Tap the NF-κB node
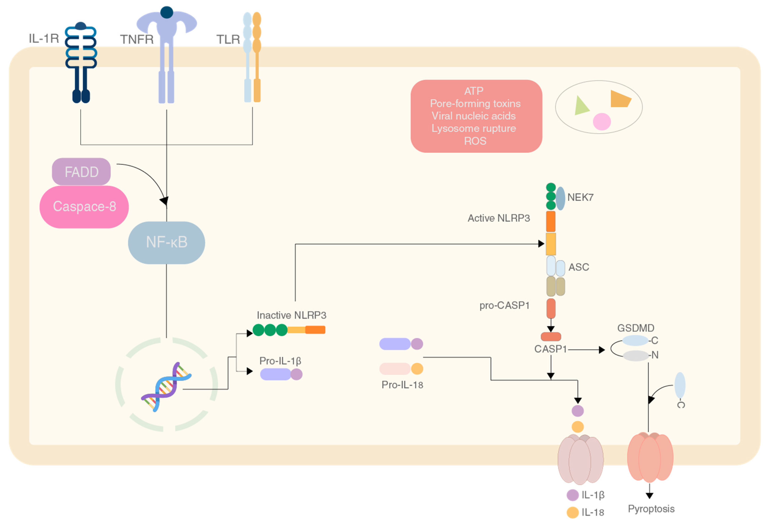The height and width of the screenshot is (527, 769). pos(166,242)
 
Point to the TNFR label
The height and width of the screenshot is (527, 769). pos(137,39)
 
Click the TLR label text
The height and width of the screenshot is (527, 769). pos(228,39)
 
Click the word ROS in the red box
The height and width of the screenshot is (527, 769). pos(475,141)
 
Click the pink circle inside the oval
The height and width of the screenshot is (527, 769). pos(602,121)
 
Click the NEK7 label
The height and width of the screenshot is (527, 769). pos(580,197)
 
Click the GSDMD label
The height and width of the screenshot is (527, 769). pos(636,328)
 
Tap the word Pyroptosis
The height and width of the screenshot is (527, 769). pos(651,509)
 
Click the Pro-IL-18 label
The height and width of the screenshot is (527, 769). pos(402,385)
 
